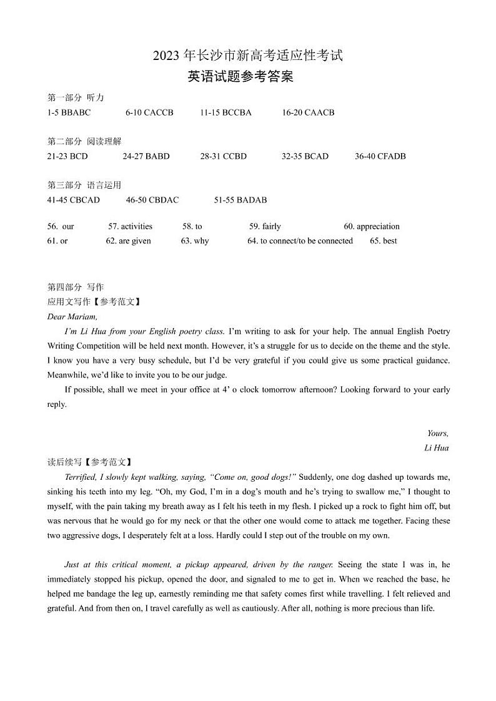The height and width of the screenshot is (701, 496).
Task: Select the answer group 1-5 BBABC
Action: click(69, 112)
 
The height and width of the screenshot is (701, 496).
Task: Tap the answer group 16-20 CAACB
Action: click(308, 112)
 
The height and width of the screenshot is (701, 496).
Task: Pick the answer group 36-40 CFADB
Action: click(380, 156)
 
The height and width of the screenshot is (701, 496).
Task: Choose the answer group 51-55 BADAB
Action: click(240, 200)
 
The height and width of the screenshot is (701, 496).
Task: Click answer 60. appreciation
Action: click(371, 226)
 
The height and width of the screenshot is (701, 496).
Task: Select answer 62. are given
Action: click(128, 241)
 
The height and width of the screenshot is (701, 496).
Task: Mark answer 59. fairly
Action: click(265, 226)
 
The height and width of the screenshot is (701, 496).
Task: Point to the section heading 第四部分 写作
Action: click(76, 287)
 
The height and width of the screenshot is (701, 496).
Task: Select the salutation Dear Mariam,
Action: click(72, 316)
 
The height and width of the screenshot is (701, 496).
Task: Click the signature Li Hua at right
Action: click(436, 447)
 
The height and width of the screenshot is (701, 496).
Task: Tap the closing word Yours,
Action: click(437, 433)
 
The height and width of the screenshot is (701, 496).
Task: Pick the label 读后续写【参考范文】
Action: click(90, 462)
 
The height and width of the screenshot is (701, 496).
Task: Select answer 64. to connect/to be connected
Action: click(300, 241)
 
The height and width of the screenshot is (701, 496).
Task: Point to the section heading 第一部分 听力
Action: click(76, 97)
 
